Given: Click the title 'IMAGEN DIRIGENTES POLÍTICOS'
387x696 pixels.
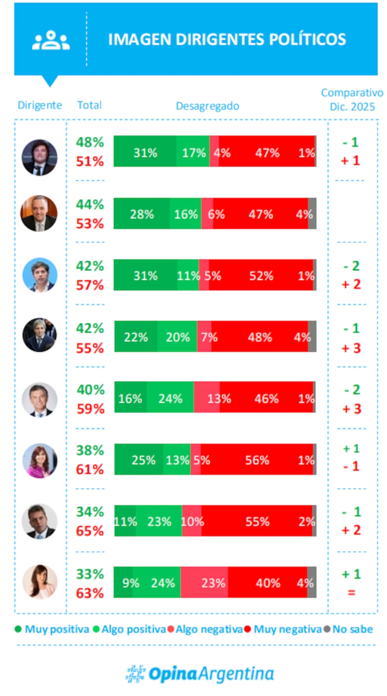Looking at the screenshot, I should pyautogui.click(x=227, y=39).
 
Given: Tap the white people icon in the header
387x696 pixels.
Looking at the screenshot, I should pyautogui.click(x=51, y=40).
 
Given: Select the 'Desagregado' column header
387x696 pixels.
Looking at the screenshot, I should pyautogui.click(x=207, y=106).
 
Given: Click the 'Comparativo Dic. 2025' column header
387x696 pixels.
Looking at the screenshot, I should pyautogui.click(x=352, y=100).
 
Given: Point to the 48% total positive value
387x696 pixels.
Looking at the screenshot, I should pyautogui.click(x=90, y=142).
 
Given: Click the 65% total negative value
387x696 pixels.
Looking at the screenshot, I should pyautogui.click(x=90, y=531).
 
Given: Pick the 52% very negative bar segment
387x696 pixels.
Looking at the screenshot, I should pyautogui.click(x=261, y=276).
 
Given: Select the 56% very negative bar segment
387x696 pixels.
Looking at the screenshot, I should pyautogui.click(x=257, y=460).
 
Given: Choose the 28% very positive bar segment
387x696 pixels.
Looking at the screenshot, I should pyautogui.click(x=142, y=214).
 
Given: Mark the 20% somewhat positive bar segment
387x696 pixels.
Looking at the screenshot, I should pyautogui.click(x=178, y=337).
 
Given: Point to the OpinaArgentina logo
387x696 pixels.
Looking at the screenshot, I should pyautogui.click(x=200, y=674).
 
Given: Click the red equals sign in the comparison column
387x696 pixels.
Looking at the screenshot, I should pyautogui.click(x=351, y=592).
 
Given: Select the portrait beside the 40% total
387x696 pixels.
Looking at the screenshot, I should pyautogui.click(x=39, y=400).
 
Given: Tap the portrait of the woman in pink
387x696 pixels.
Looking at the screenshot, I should pyautogui.click(x=39, y=460).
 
